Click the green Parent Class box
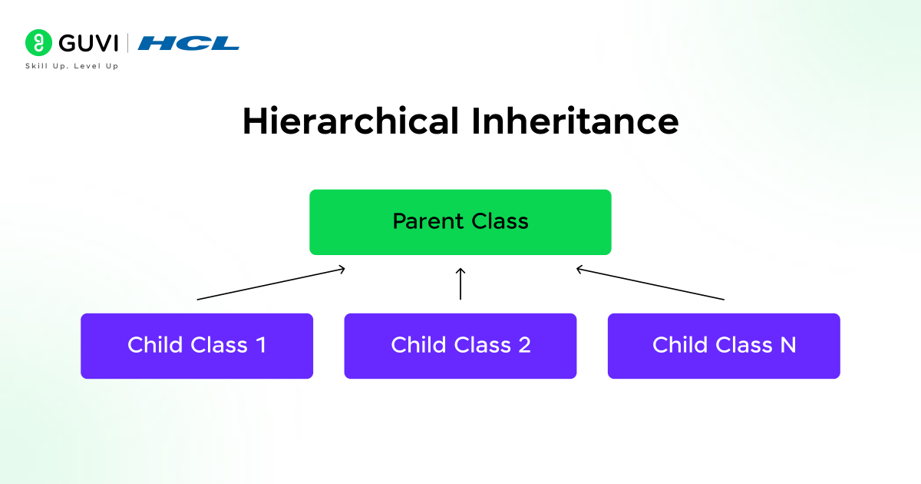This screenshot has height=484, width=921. [460, 222]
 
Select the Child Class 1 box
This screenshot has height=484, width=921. [196, 346]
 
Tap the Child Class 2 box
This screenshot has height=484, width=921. [460, 346]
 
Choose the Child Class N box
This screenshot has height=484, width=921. [724, 346]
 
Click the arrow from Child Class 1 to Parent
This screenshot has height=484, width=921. [270, 283]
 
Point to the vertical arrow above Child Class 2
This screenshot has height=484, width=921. [460, 283]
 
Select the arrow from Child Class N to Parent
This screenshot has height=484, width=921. [650, 283]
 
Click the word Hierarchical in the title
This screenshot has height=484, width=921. [351, 121]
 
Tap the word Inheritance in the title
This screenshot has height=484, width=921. [575, 121]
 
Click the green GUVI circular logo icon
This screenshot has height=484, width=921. [36, 42]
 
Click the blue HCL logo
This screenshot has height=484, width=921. [189, 43]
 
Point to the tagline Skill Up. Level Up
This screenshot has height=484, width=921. [72, 66]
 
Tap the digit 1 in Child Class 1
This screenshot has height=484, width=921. [261, 346]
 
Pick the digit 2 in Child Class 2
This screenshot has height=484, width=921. [524, 346]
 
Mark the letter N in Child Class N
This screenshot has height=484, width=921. [787, 346]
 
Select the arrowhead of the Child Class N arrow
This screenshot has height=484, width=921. [580, 268]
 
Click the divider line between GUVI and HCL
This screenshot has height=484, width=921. [128, 42]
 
